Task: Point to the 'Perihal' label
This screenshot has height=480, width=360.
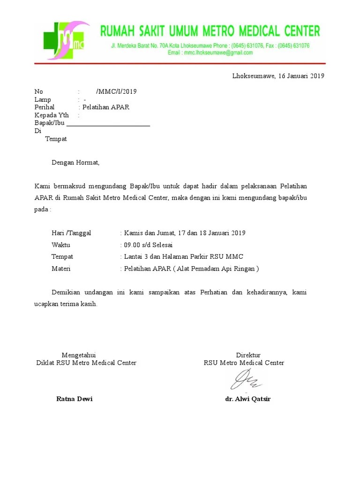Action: (45, 107)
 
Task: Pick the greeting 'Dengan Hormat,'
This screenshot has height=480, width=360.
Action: (75, 163)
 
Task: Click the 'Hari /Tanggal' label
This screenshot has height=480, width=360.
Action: (71, 233)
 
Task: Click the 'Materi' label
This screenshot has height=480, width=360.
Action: (61, 269)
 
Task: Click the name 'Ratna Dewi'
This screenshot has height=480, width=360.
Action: (75, 399)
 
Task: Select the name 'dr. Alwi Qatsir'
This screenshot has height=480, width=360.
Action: (248, 399)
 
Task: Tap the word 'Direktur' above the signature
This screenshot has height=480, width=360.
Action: (248, 355)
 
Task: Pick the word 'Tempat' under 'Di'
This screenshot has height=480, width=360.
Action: (56, 139)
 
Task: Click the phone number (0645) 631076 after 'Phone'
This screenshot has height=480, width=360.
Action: (247, 45)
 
